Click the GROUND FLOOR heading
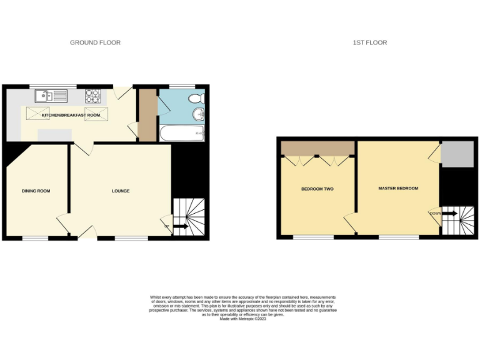point(95,42)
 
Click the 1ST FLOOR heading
point(370,42)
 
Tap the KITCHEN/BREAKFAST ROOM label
point(71,116)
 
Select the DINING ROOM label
point(36,191)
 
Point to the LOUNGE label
point(121,191)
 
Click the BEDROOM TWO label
point(317,189)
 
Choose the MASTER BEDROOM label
point(398,188)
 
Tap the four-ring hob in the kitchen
point(93,96)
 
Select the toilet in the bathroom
point(197,98)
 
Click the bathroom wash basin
point(199,114)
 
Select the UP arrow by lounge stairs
point(180,226)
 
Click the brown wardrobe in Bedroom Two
point(317,148)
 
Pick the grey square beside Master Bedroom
point(457,154)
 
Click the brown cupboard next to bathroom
point(147,116)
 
